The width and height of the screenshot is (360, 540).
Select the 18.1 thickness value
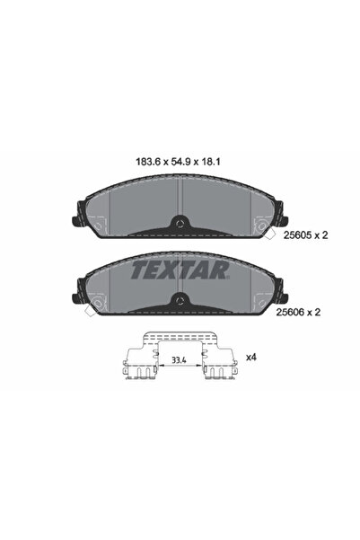pyautogui.click(x=214, y=163)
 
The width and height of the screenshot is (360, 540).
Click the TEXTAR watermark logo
pyautogui.click(x=179, y=268)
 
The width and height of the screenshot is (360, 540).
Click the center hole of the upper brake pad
pyautogui.click(x=180, y=225)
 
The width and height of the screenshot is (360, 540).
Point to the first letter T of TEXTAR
pyautogui.click(x=140, y=268)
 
